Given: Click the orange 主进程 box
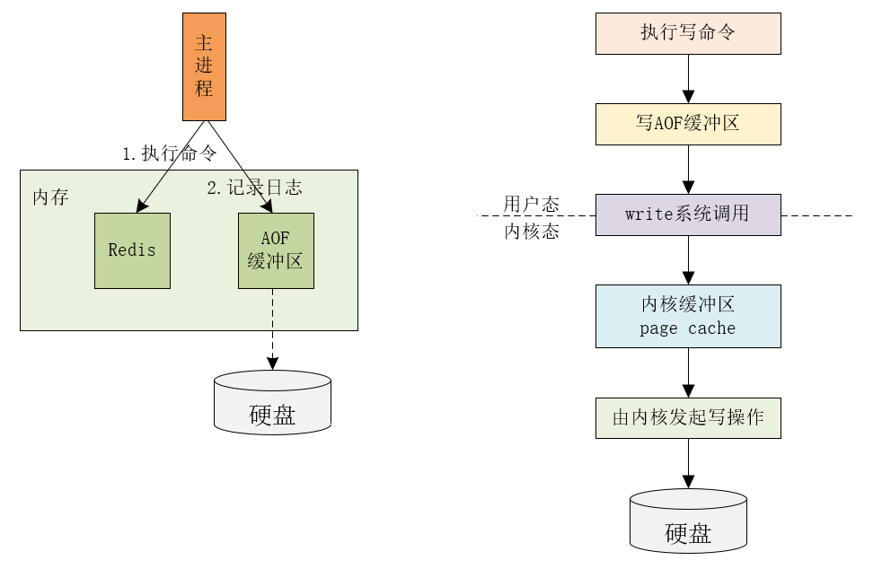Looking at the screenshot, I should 204,66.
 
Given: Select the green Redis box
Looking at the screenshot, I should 132,250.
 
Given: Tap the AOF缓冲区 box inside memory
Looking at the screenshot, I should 276,250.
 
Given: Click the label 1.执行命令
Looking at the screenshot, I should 170,153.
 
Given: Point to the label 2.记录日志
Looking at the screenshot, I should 254,188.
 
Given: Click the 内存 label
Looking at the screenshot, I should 50,197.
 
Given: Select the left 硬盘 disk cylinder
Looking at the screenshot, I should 272,404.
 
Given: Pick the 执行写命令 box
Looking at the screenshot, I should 688,33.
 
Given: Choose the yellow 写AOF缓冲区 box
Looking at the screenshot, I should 688,124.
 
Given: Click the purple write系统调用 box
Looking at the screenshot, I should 688,215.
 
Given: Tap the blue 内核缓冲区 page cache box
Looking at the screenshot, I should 688,316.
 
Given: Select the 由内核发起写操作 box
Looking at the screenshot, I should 688,417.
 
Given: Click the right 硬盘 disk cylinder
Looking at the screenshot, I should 688,521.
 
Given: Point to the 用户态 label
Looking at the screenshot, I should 531,204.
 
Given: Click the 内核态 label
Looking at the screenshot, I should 531,232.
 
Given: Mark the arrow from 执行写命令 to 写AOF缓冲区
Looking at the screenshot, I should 688,78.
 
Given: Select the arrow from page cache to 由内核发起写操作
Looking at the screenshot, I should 688,372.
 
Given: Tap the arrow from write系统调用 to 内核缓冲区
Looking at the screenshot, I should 688,259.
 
